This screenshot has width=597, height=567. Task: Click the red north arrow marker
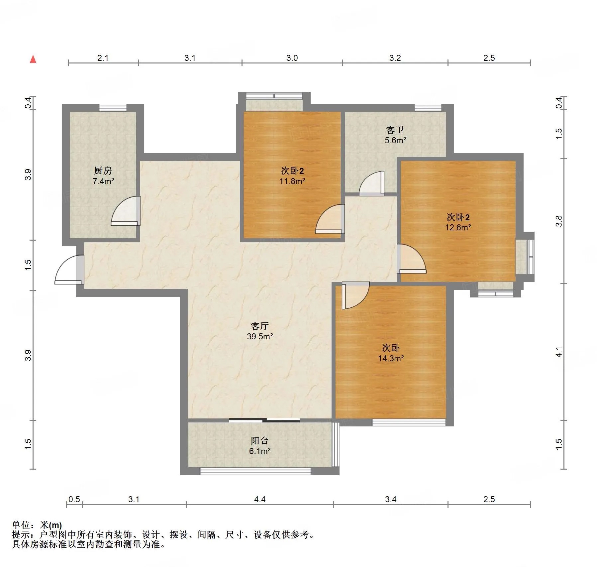[x=33, y=59]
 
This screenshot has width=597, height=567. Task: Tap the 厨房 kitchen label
[x=103, y=170]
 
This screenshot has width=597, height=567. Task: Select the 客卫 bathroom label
[x=395, y=130]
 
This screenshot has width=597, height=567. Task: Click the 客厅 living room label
[x=260, y=326]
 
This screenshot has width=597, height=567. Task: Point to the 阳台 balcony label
[x=260, y=441]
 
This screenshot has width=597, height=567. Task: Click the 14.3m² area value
[x=391, y=358]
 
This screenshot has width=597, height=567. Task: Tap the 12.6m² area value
[x=458, y=227]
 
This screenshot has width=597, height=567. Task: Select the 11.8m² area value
[x=292, y=181]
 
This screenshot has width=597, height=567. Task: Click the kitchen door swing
[x=126, y=211]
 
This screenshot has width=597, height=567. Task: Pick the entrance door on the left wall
[x=69, y=269]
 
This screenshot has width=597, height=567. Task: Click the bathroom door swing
[x=372, y=183]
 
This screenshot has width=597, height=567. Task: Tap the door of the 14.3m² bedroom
[x=355, y=295]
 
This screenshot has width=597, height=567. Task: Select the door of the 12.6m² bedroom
[x=411, y=259]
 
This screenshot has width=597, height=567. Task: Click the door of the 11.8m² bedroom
[x=330, y=219]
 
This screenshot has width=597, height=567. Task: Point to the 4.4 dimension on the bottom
[x=260, y=499]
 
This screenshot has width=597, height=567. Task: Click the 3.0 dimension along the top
[x=292, y=58]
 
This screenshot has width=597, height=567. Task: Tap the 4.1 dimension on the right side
[x=559, y=352]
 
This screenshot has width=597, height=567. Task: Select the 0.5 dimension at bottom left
[x=74, y=499]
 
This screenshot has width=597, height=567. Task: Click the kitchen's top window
[x=113, y=107]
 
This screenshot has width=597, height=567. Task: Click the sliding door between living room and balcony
[x=264, y=420]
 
